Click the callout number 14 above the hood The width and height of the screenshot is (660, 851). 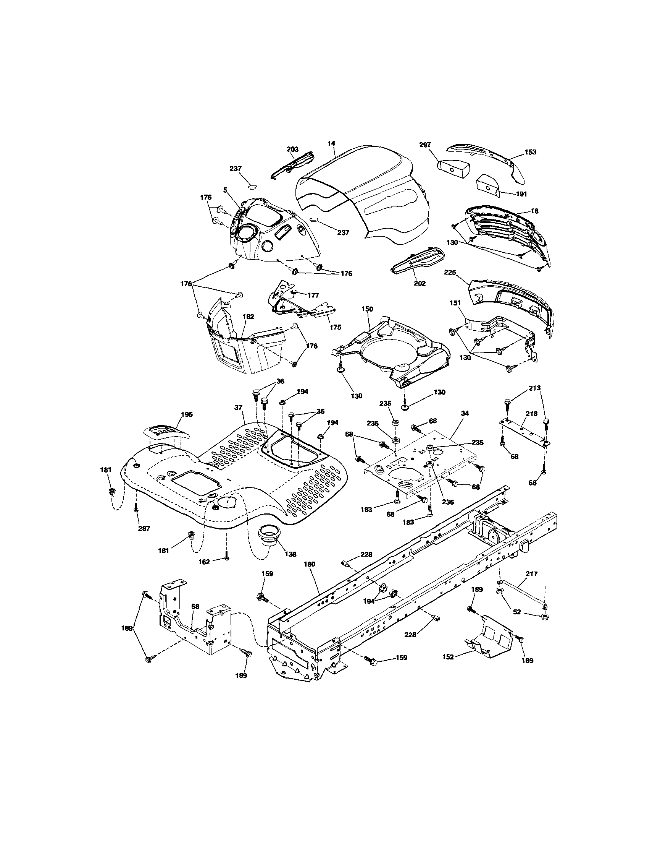[x=331, y=143]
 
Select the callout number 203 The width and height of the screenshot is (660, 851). [x=292, y=149]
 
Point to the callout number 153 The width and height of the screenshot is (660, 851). [x=530, y=152]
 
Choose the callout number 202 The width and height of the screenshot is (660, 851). [x=420, y=283]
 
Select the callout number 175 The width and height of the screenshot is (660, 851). [x=335, y=327]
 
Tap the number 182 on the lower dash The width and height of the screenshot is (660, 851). [x=248, y=328]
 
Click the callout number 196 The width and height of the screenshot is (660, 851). [x=187, y=414]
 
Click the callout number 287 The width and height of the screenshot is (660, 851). [x=144, y=528]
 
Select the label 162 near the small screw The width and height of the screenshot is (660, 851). [x=204, y=562]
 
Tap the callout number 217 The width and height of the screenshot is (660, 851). [x=531, y=574]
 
